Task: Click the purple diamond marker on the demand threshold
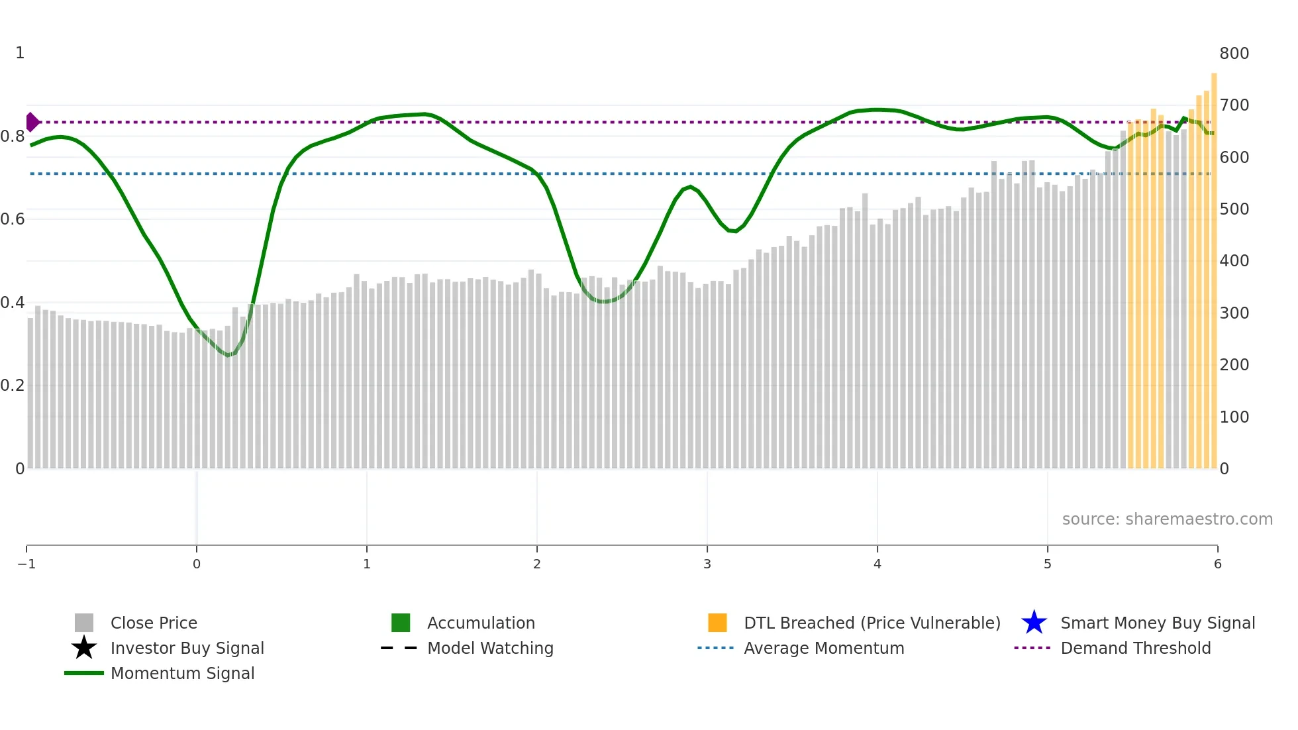click(32, 122)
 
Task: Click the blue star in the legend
click(1034, 623)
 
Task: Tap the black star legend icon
click(84, 648)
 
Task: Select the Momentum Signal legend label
click(182, 673)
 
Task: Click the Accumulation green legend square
click(401, 623)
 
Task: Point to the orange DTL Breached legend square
click(717, 623)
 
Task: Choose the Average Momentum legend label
click(824, 648)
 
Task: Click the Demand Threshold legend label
click(1135, 648)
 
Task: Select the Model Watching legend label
click(490, 648)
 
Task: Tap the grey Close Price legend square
click(84, 623)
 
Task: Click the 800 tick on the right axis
click(1234, 54)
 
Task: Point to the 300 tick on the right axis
click(1234, 313)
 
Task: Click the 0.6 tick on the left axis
click(13, 219)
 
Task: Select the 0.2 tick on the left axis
click(13, 386)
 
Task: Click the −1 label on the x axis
click(26, 564)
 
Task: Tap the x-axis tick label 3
click(707, 564)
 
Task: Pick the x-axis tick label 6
click(1217, 564)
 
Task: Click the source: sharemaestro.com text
click(1167, 519)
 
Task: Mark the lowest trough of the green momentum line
click(228, 355)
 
